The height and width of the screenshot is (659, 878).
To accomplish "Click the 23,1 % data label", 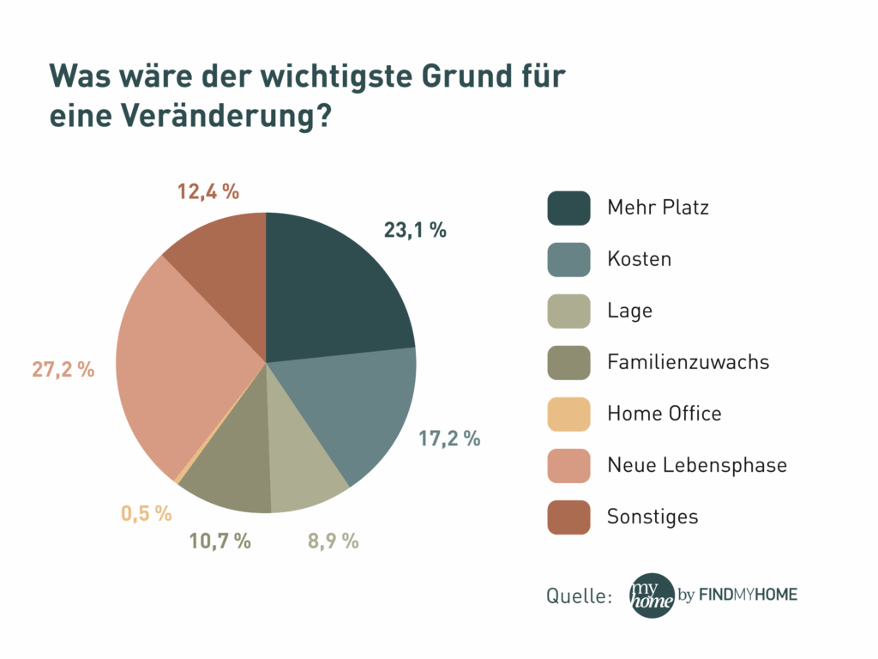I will [x=415, y=230].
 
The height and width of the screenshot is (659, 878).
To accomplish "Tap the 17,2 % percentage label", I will [x=449, y=438].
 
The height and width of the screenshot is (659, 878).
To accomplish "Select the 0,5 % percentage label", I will [x=146, y=513].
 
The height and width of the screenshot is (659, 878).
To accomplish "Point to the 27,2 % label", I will [x=63, y=370].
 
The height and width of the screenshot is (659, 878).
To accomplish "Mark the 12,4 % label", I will [x=208, y=191].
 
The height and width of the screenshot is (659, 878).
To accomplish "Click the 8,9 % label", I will [x=332, y=541].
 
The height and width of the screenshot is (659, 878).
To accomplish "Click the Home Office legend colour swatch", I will [x=568, y=414].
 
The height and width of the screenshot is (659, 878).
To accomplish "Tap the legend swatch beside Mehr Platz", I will [x=568, y=208].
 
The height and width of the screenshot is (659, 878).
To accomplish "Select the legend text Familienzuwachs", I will [x=688, y=362].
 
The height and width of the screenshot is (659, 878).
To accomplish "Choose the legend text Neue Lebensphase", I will [x=696, y=465].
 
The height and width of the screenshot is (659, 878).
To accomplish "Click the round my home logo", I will [x=652, y=596].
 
